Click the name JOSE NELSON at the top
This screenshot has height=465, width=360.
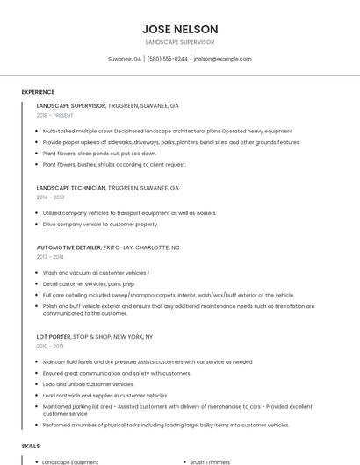point(180,29)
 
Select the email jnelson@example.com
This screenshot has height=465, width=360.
point(222,59)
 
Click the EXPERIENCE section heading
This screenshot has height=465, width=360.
point(38,92)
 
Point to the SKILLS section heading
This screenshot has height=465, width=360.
point(31,446)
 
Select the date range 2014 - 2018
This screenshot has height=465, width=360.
point(50,197)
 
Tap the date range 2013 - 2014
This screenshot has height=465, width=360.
point(50,257)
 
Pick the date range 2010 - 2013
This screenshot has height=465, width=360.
point(50,346)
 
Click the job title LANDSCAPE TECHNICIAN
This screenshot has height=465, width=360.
point(71,188)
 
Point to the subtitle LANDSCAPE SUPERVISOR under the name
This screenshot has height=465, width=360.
point(180,42)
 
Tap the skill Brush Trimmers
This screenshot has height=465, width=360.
point(208,461)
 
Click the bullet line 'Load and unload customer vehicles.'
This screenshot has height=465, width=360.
point(88,384)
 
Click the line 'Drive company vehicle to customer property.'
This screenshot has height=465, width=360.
point(100,224)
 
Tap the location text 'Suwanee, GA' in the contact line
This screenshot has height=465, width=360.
point(125,59)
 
